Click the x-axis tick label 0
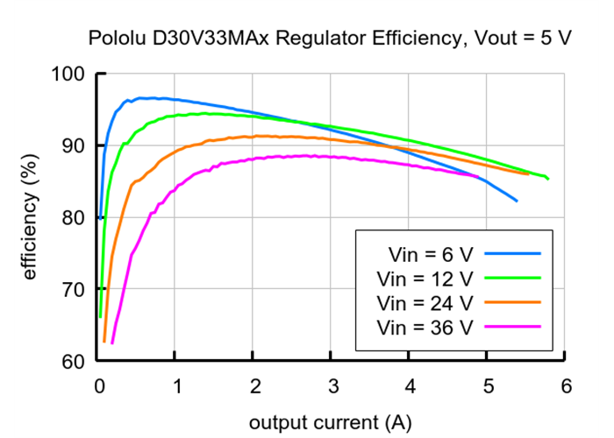tap(99, 386)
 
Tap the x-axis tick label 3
tap(332, 386)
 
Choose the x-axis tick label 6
tap(566, 386)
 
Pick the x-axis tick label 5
tap(488, 386)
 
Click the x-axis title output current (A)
tap(330, 422)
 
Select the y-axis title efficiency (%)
tap(31, 217)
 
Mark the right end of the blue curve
tap(517, 201)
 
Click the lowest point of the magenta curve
tap(111, 343)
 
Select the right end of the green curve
tap(548, 179)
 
